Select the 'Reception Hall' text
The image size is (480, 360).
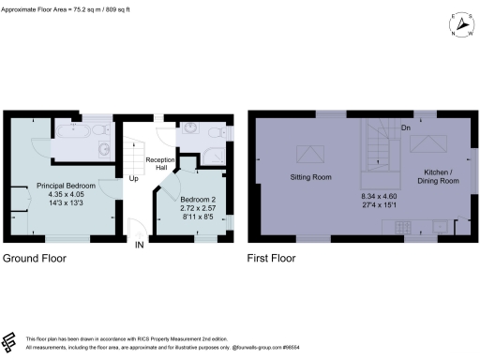[x=160, y=164]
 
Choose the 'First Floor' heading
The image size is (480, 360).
[x=273, y=257]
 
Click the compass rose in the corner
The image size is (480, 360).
[x=459, y=24]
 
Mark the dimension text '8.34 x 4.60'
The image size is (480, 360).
[x=380, y=196]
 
